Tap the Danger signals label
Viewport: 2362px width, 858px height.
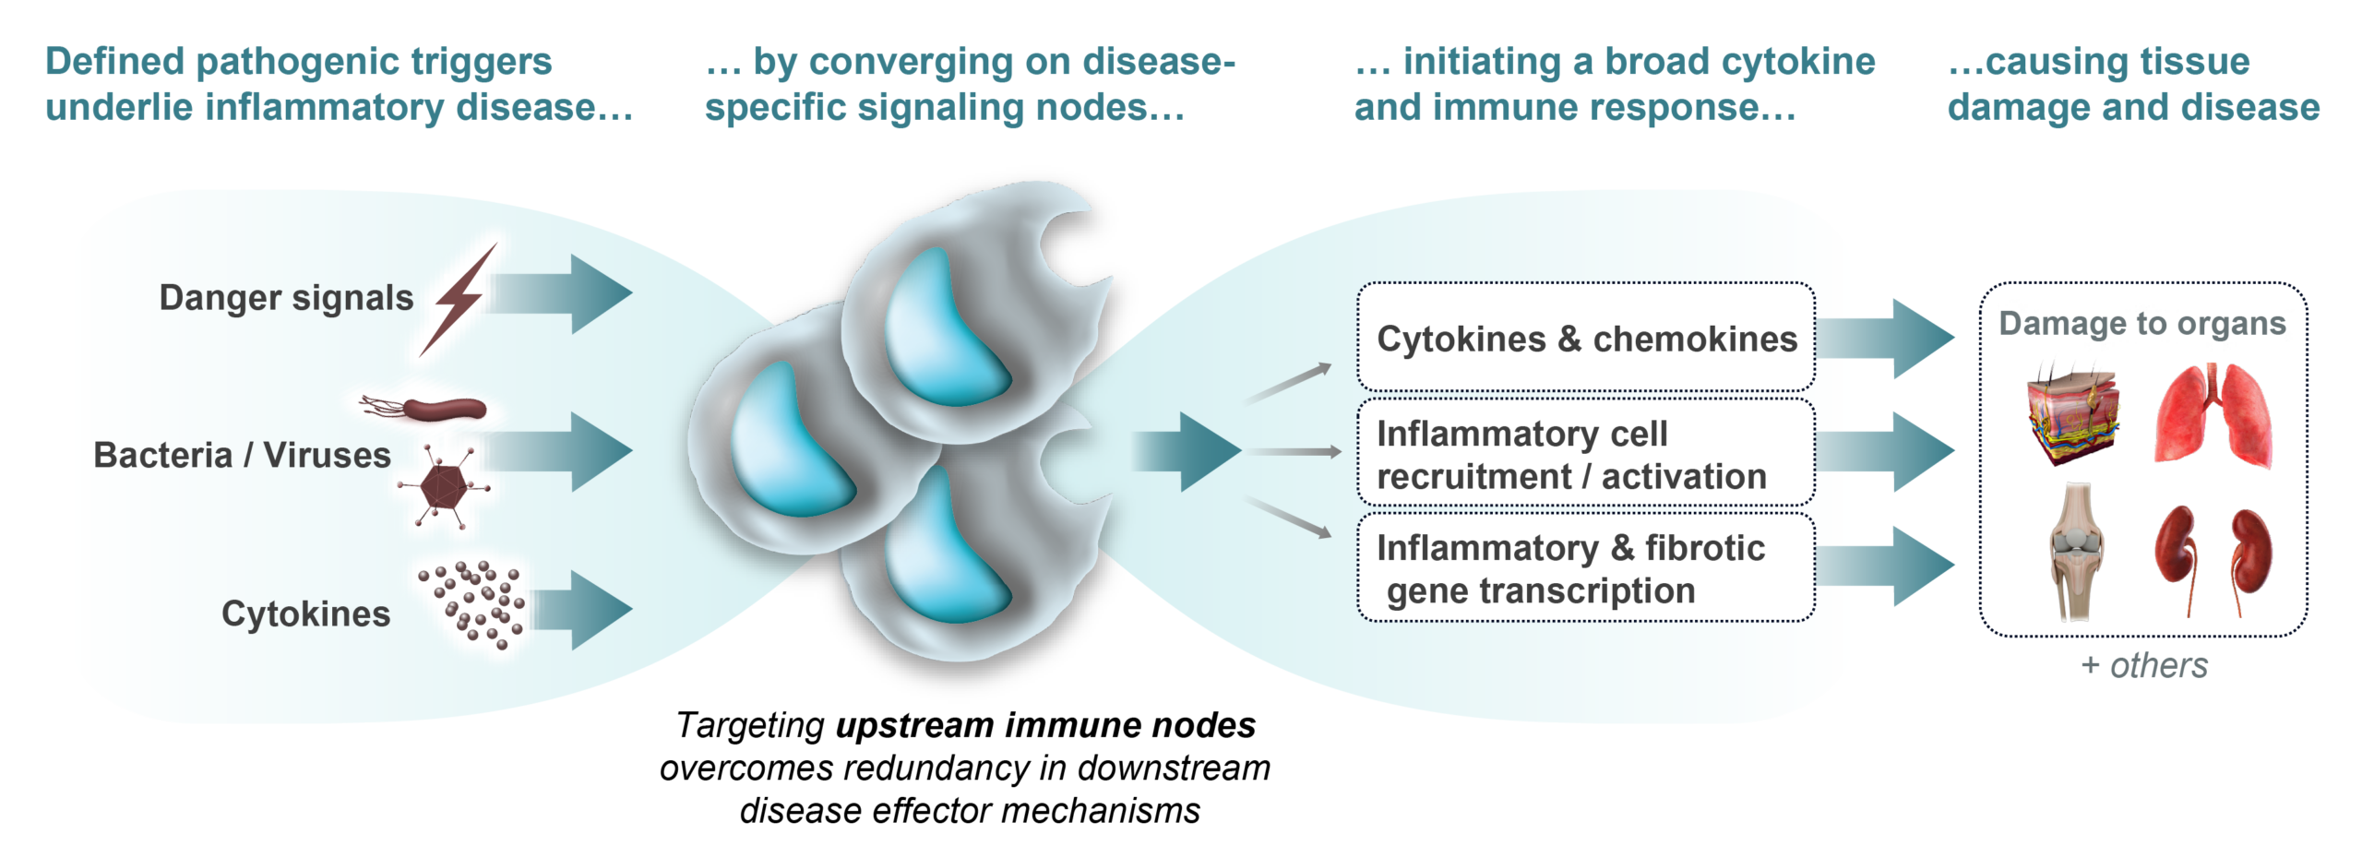click(286, 298)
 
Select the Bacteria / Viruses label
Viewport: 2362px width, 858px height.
click(242, 456)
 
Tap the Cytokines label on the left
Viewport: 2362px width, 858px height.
click(305, 614)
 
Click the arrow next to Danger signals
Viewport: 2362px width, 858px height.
click(572, 293)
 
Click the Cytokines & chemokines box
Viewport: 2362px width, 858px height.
click(1585, 339)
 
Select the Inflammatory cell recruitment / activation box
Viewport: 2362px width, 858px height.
click(1585, 454)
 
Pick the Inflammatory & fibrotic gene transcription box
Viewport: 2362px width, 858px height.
click(1585, 568)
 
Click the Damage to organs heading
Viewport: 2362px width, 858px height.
click(2142, 324)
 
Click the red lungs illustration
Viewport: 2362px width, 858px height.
click(2213, 413)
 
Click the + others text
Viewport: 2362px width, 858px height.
click(2144, 665)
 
